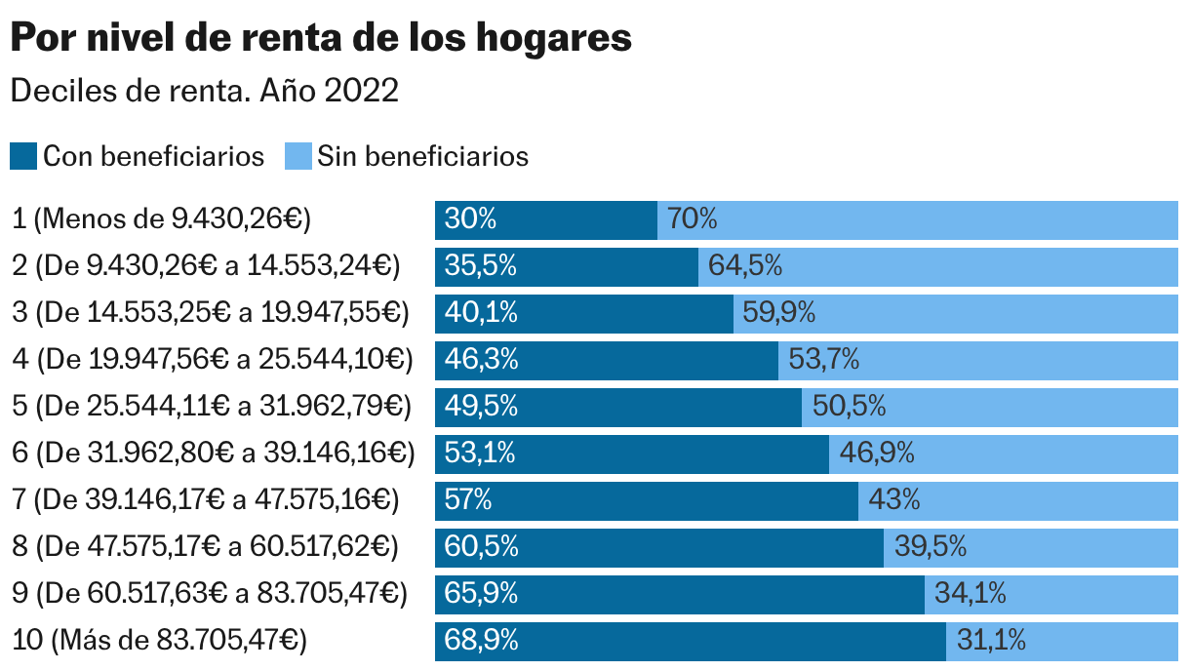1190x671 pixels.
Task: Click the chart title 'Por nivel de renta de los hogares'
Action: coord(321,39)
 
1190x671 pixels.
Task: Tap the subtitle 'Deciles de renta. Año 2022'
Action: coord(204,91)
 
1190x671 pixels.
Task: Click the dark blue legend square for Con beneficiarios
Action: coord(23,156)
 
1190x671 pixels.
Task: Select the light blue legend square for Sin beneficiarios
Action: coord(297,156)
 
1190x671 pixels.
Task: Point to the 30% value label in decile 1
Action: coord(470,219)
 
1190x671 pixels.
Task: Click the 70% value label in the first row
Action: coord(693,219)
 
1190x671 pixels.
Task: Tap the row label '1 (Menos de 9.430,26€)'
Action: coord(161,219)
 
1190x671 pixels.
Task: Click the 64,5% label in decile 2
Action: coord(745,266)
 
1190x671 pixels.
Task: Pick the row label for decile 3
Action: coord(210,313)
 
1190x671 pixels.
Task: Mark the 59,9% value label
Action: coord(778,313)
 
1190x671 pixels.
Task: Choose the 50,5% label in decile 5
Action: coord(849,407)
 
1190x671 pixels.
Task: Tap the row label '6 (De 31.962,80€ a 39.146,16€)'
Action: coord(213,454)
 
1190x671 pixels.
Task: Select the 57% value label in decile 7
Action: coord(468,500)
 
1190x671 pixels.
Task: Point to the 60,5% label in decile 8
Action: coord(481,547)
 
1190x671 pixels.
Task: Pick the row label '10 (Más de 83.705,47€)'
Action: coord(159,641)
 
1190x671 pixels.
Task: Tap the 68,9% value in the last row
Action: coord(481,641)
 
